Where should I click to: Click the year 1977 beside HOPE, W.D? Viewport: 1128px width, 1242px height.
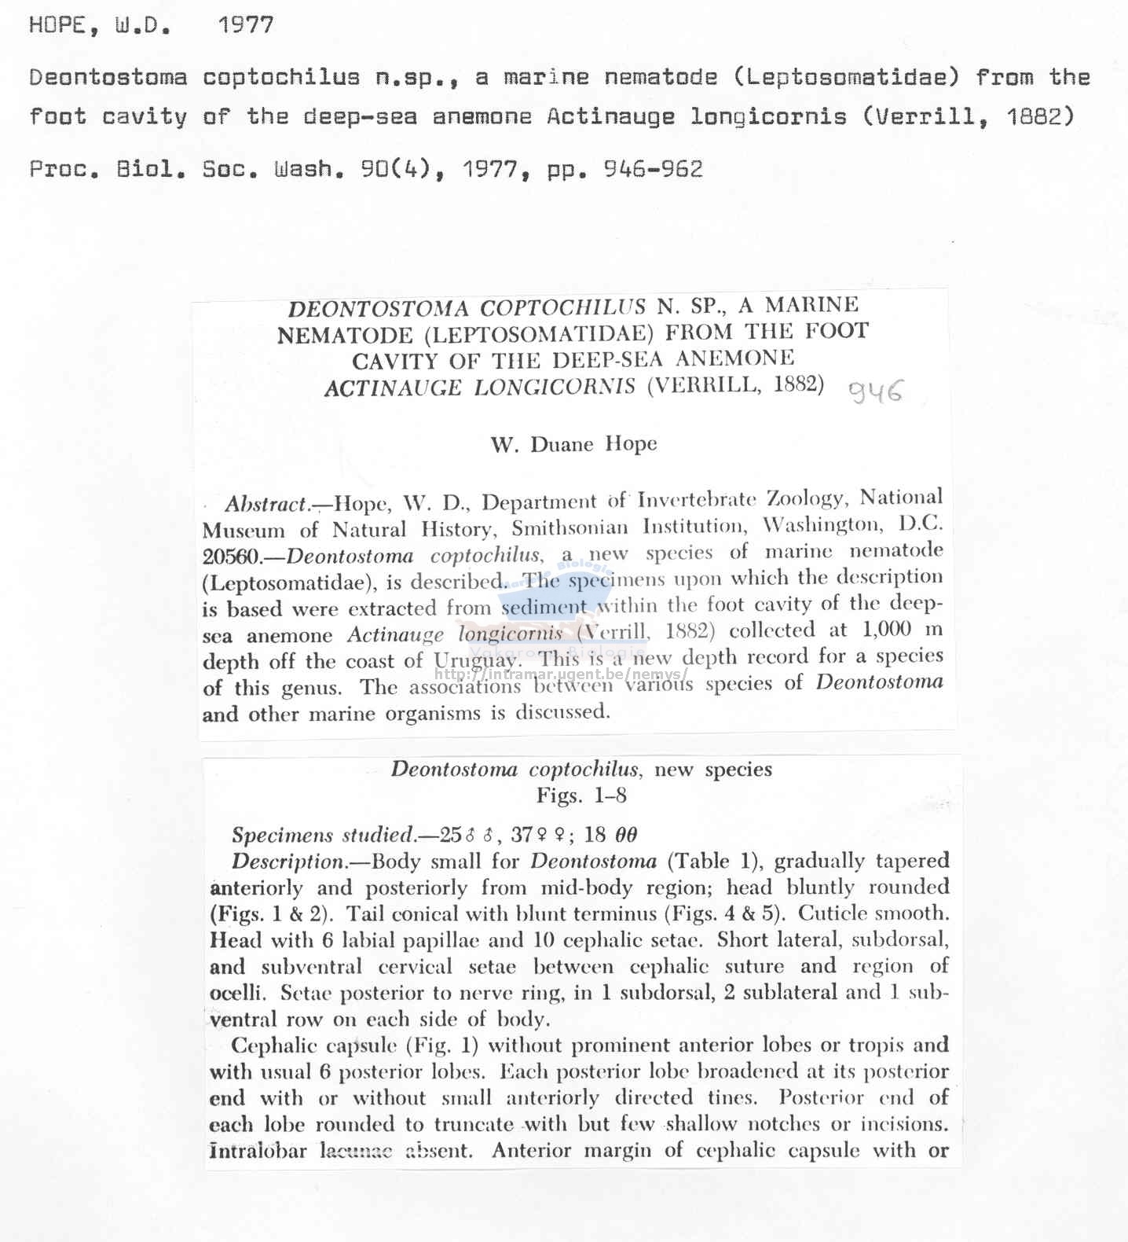coord(246,26)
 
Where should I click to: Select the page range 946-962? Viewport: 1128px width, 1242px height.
coord(654,170)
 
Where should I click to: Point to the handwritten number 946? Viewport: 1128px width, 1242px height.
coord(876,391)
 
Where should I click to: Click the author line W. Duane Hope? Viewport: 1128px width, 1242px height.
coord(574,445)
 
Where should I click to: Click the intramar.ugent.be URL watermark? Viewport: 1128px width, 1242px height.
coord(561,674)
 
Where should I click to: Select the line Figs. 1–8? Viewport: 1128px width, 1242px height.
coord(581,796)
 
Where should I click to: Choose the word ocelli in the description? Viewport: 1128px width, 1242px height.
coord(236,994)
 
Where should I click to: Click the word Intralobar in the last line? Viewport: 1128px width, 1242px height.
coord(258,1152)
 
